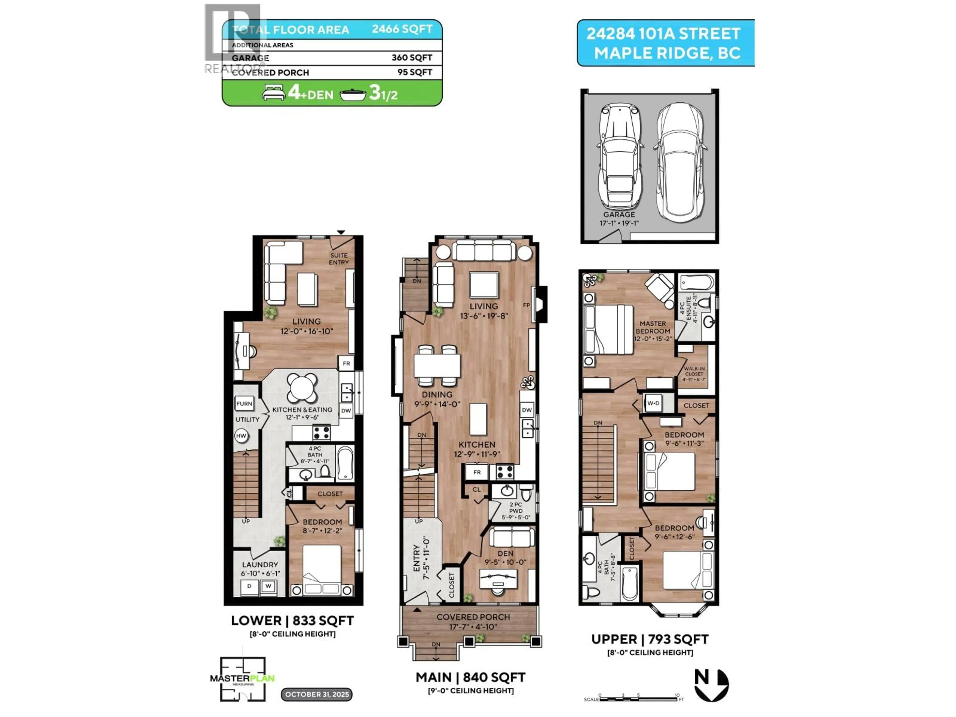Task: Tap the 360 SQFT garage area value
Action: point(412,58)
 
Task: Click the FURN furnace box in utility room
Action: point(244,404)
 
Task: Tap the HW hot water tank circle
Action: point(241,436)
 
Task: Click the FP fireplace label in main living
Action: point(526,305)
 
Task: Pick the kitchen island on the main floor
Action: point(478,419)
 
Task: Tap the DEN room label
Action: point(505,553)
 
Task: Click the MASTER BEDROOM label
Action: point(653,327)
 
